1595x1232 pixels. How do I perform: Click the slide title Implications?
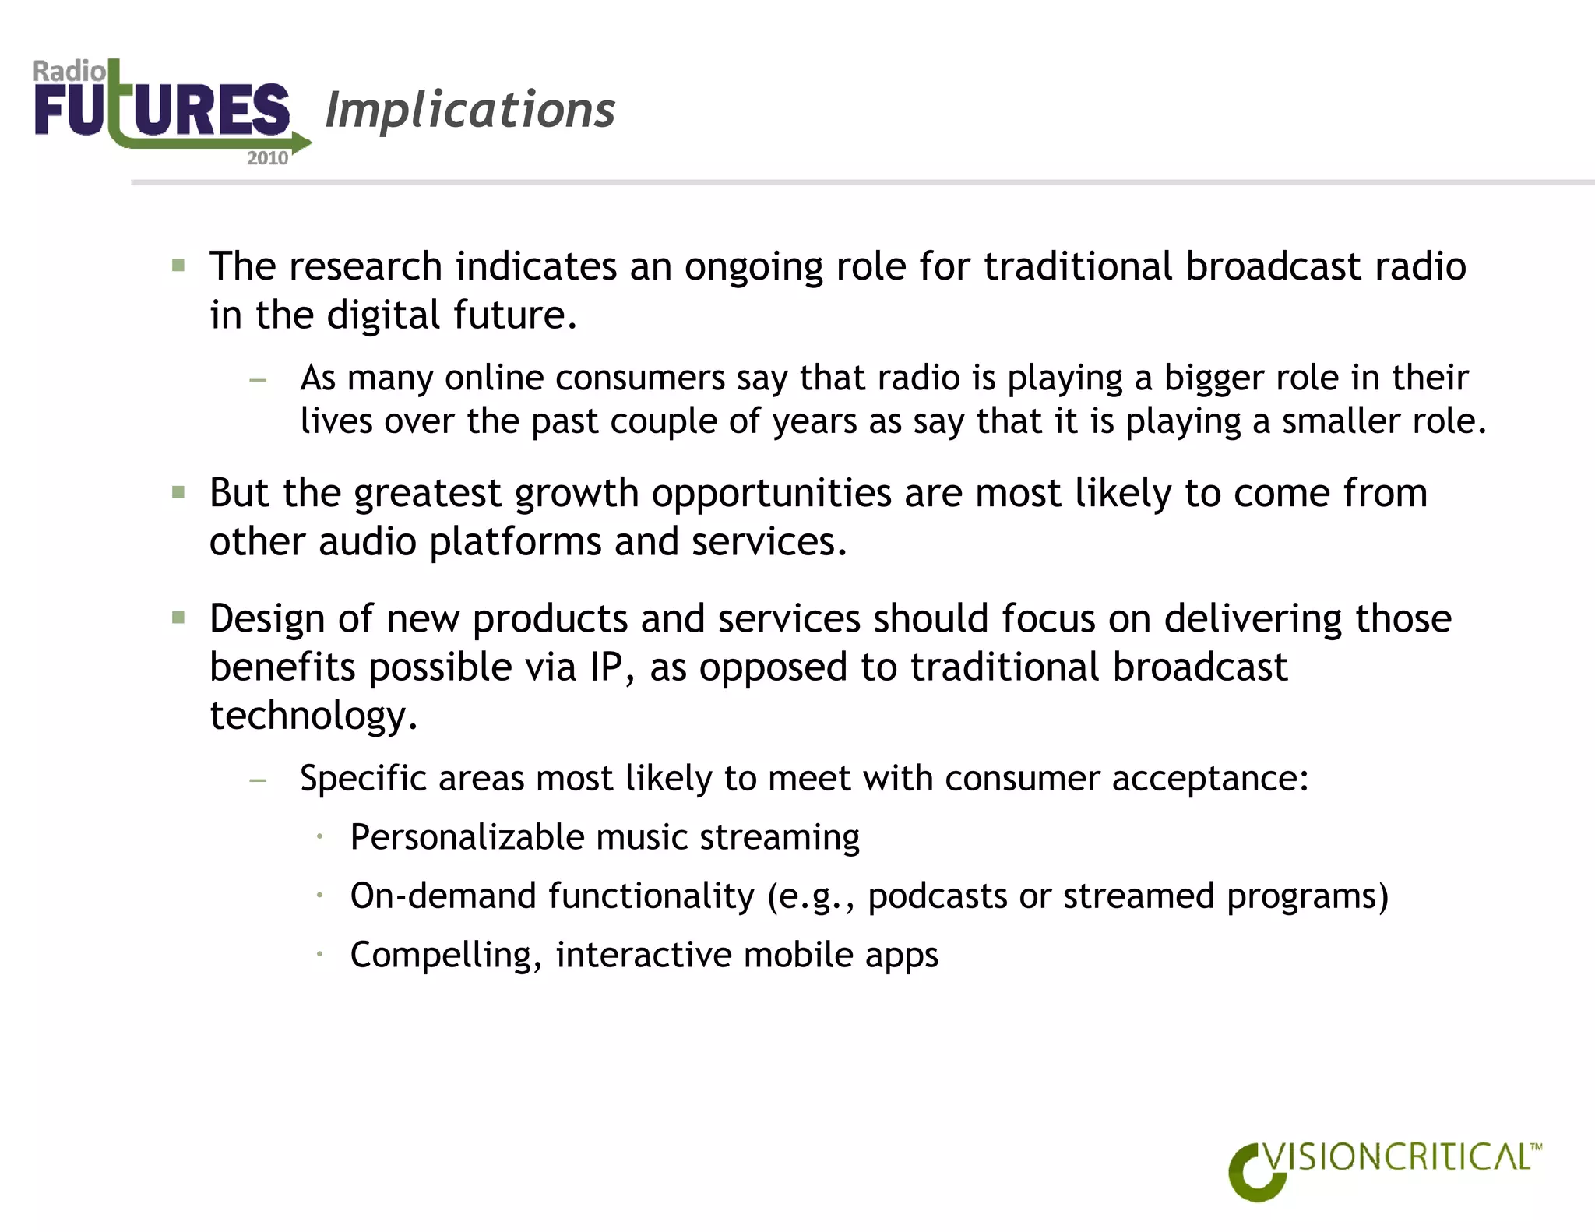click(x=470, y=110)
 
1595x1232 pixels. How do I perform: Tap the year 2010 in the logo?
click(x=267, y=158)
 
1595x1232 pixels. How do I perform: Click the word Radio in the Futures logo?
click(x=69, y=72)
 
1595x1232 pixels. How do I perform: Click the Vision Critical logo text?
click(x=1398, y=1158)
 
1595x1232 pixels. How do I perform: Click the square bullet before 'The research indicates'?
click(x=178, y=266)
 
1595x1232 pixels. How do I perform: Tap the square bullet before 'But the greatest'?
click(x=178, y=492)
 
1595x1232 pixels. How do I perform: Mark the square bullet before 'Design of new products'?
click(x=178, y=618)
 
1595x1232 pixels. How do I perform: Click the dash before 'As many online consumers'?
click(x=258, y=380)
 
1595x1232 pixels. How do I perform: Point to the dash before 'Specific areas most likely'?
click(x=258, y=780)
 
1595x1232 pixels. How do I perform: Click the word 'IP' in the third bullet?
click(x=605, y=667)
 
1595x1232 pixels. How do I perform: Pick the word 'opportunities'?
click(x=771, y=494)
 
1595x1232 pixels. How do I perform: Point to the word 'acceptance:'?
click(x=1209, y=779)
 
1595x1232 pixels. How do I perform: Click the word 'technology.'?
click(x=313, y=716)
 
